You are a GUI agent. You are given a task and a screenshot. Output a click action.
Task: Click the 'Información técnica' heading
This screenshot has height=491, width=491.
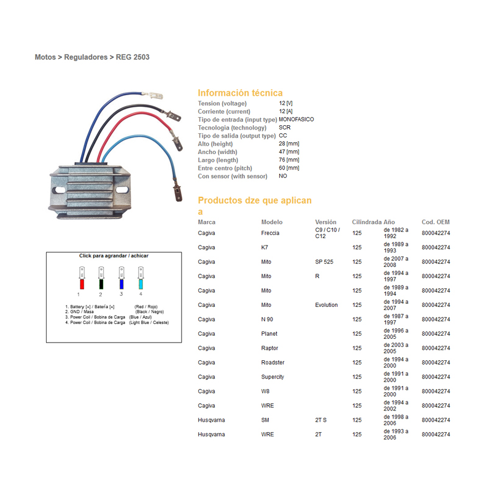[240, 93]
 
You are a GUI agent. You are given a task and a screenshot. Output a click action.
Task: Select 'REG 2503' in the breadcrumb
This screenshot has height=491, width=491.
[133, 57]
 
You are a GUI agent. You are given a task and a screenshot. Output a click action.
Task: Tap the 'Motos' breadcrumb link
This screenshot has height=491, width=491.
[45, 57]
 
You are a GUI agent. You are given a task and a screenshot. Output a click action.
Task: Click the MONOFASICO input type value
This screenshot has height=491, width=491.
[296, 120]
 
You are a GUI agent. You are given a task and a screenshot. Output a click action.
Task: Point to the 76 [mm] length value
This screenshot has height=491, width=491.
[288, 160]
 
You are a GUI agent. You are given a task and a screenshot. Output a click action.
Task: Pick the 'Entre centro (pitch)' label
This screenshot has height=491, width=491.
[225, 168]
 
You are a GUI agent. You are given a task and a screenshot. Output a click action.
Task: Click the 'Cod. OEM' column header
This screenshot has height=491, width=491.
[435, 222]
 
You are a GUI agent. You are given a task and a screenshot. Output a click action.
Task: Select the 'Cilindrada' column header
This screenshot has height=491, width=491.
[366, 222]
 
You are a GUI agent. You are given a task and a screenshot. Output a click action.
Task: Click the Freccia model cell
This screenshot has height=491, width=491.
[270, 233]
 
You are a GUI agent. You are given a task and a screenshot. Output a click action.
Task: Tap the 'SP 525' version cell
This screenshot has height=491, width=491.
[324, 262]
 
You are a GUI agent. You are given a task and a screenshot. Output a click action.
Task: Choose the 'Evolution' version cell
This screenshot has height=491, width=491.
[327, 305]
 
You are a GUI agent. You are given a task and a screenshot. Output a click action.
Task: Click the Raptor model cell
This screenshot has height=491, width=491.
[269, 348]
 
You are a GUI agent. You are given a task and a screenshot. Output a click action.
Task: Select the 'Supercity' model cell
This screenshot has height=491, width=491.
[273, 377]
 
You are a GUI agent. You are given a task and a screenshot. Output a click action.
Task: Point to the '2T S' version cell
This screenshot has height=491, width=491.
[321, 420]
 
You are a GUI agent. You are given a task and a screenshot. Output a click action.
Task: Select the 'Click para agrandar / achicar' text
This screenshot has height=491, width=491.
[114, 256]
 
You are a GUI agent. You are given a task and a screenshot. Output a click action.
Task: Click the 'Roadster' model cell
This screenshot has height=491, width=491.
[273, 363]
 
